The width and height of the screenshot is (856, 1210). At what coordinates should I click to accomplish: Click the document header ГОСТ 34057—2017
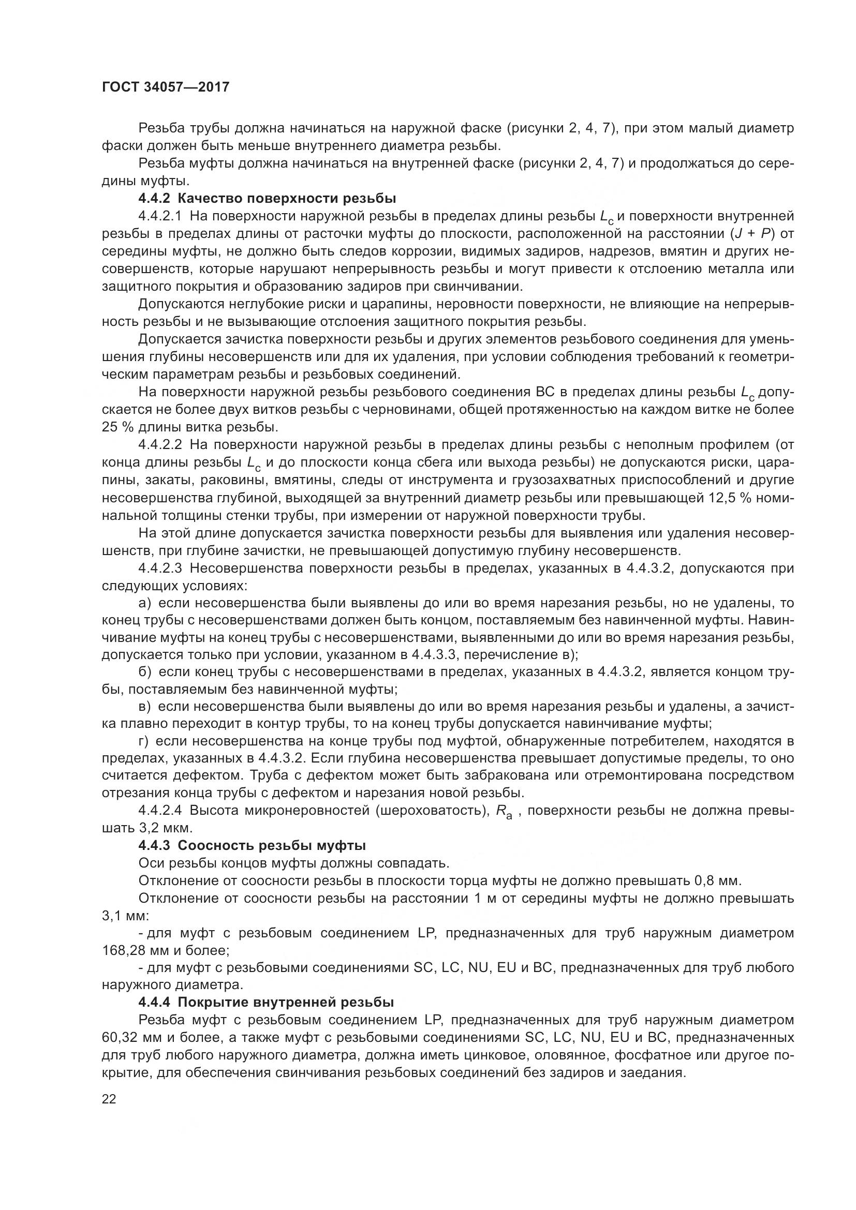[x=166, y=87]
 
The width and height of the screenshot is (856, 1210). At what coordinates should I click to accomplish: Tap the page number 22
[x=109, y=1099]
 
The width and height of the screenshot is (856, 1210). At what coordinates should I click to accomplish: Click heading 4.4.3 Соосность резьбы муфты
[x=252, y=846]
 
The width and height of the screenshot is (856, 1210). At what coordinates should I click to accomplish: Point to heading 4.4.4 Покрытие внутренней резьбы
[x=266, y=1003]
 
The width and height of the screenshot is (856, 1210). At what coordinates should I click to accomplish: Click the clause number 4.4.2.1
[x=160, y=216]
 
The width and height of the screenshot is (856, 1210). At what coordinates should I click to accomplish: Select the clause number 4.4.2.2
[x=160, y=445]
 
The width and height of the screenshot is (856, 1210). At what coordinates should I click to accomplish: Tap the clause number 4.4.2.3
[x=160, y=568]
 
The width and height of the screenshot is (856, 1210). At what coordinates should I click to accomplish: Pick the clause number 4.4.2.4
[x=160, y=811]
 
